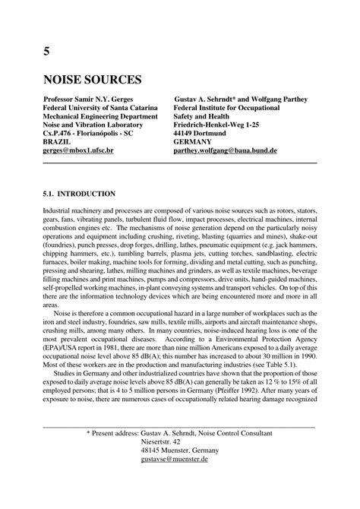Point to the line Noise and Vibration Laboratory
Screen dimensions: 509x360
coord(93,131)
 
